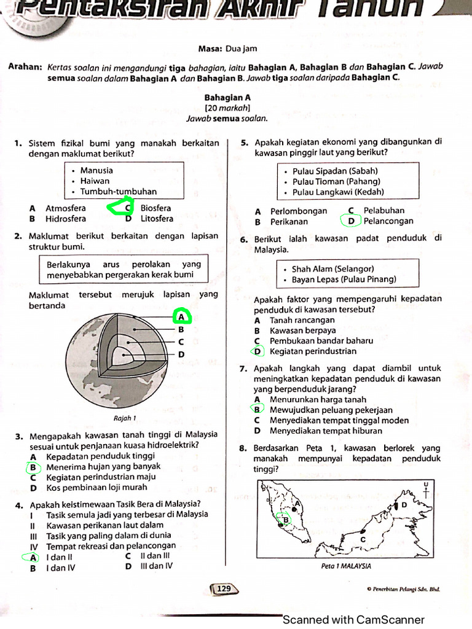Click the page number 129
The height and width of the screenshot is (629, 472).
click(x=224, y=589)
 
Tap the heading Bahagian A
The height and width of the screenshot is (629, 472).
click(x=227, y=97)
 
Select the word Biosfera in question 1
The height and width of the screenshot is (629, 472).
click(x=156, y=208)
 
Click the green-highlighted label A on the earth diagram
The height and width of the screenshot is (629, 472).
click(x=181, y=317)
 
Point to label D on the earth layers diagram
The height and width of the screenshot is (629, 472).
click(x=181, y=354)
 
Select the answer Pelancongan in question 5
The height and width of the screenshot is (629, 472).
click(x=388, y=221)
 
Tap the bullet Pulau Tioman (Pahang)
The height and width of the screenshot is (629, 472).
click(x=336, y=182)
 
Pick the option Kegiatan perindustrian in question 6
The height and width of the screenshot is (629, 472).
click(x=313, y=351)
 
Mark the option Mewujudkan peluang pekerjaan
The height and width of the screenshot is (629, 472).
click(x=331, y=410)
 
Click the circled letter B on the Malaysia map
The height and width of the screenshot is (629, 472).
click(x=284, y=520)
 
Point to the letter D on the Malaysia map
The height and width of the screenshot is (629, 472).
click(x=404, y=504)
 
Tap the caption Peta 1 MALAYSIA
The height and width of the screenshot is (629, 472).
click(x=346, y=566)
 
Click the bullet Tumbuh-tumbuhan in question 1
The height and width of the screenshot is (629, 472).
click(x=118, y=192)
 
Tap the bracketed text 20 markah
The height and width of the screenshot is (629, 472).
click(x=227, y=107)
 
